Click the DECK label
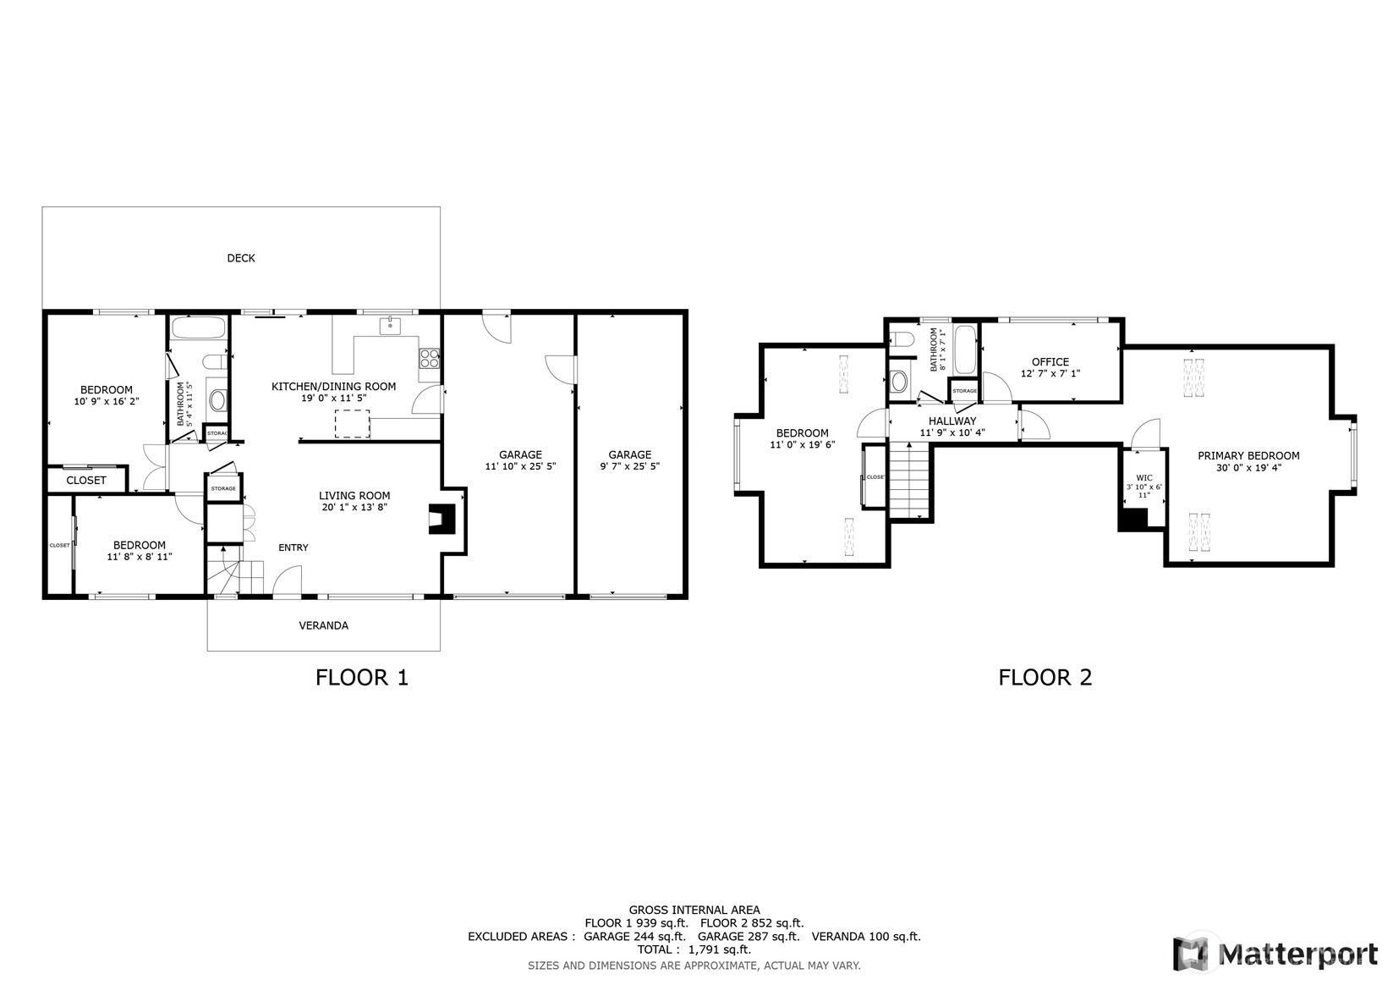241,258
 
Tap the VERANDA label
323,625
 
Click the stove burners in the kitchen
430,358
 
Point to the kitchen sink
390,326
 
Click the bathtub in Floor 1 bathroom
199,328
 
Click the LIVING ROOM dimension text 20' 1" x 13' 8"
354,508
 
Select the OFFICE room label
1050,361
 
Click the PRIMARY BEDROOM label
1248,455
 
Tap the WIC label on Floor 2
1143,478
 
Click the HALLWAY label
952,421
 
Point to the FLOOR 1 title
361,677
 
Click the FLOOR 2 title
1045,677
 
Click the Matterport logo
1275,954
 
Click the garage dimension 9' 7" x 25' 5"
630,466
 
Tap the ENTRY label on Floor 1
293,548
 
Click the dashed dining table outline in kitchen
353,423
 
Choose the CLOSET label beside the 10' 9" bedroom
86,480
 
